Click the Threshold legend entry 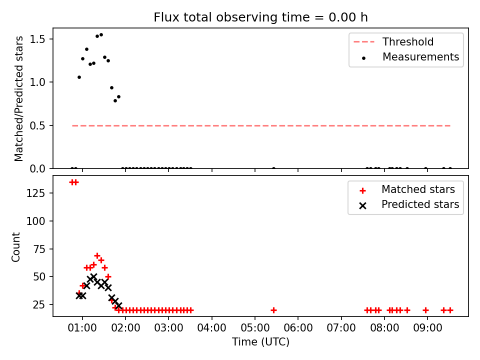(393, 41)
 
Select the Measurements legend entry (410, 57)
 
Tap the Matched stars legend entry (407, 189)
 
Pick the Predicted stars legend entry (409, 204)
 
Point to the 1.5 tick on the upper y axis (37, 39)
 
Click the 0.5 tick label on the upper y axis (37, 125)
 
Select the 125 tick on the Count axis (35, 193)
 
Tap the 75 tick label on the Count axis (38, 249)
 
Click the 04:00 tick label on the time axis (212, 328)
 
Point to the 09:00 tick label (427, 328)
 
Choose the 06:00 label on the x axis (298, 328)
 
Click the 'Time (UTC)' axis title (260, 341)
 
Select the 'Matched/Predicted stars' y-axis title (18, 98)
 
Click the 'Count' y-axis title (15, 247)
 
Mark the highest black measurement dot (101, 35)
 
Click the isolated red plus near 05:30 (273, 310)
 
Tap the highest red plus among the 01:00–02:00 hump (97, 255)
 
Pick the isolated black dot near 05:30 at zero (273, 168)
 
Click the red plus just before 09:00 (425, 310)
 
